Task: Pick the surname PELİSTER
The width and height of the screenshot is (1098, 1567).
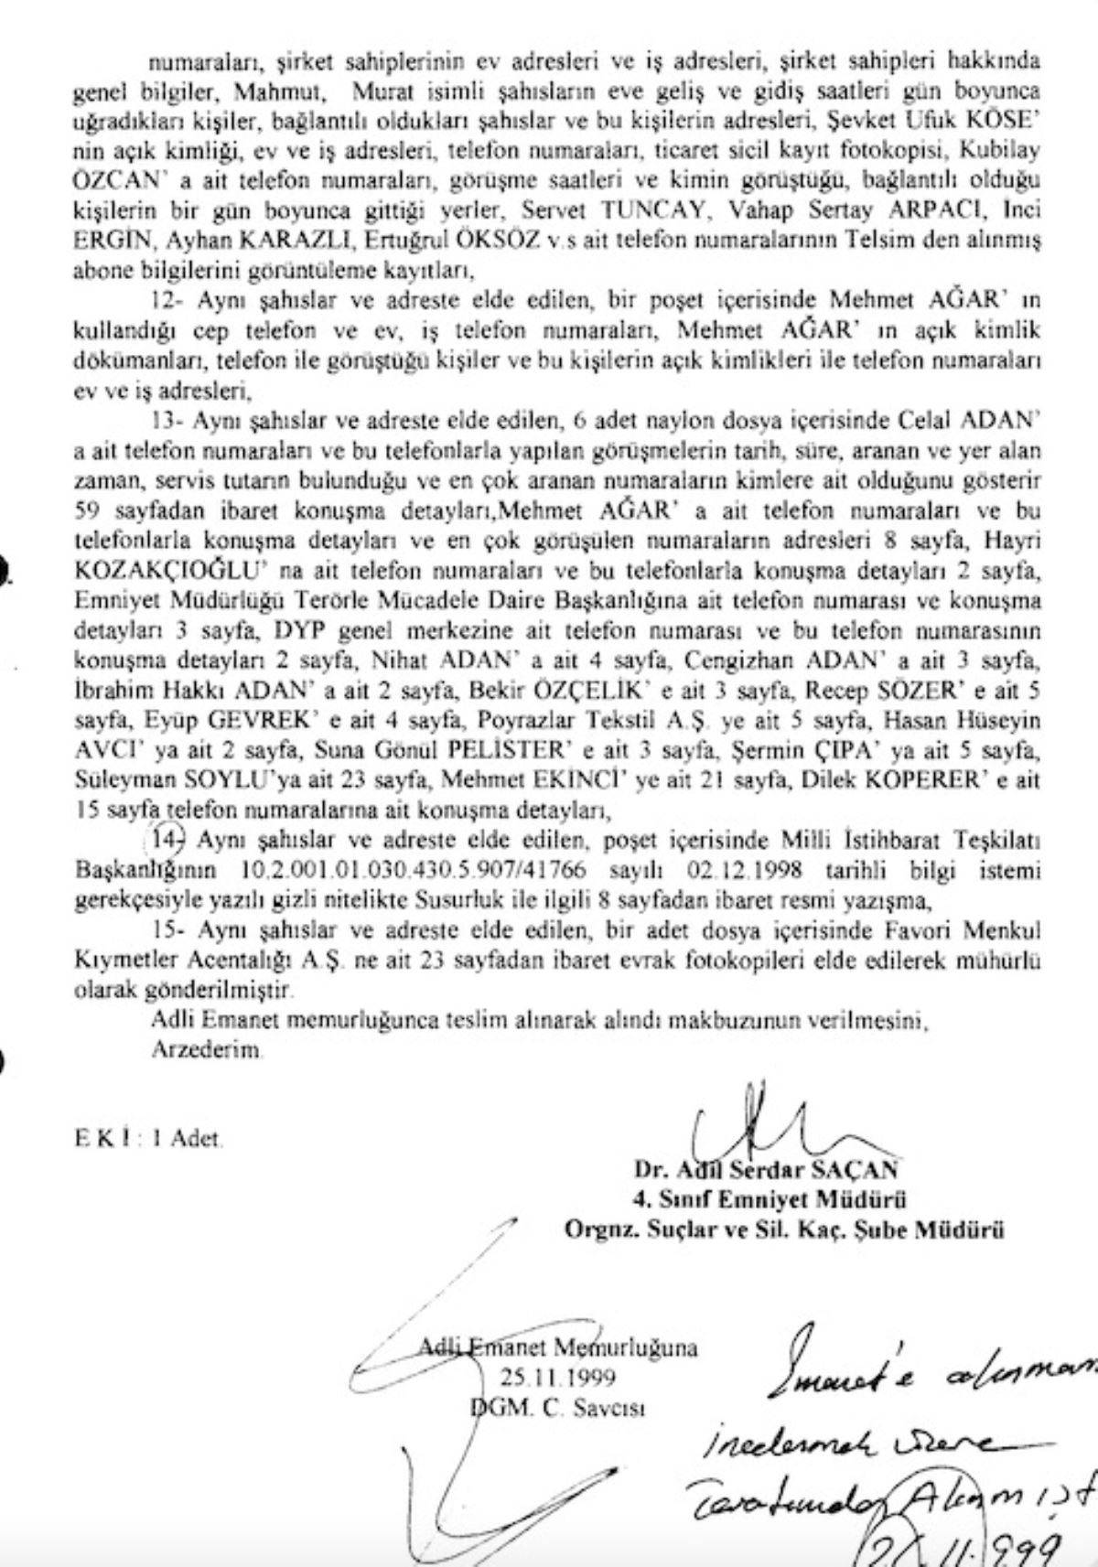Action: click(501, 752)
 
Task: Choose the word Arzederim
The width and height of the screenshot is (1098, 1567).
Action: click(207, 1050)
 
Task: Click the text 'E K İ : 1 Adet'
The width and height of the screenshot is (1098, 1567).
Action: click(148, 1140)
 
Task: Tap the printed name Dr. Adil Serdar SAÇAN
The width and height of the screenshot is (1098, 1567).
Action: click(765, 1169)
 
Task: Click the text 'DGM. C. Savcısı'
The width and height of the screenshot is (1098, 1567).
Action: click(557, 1406)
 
